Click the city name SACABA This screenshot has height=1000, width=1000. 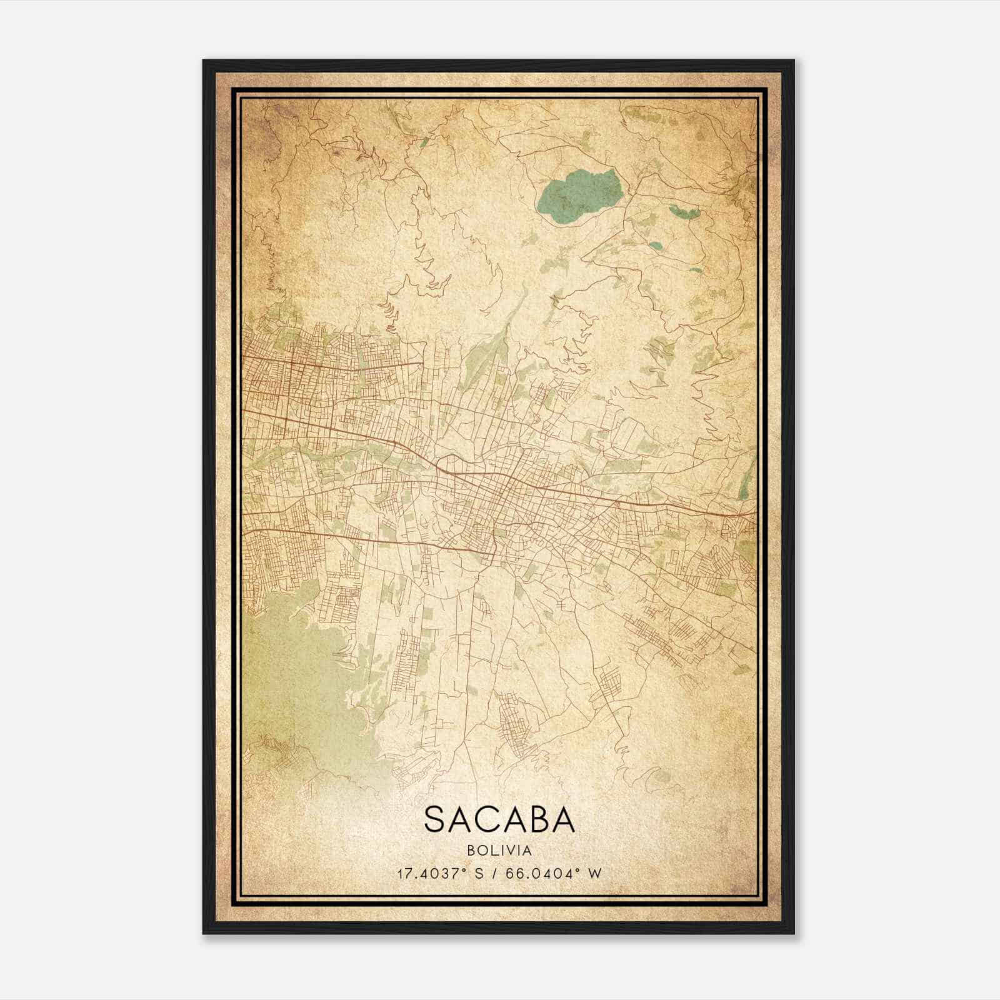(x=499, y=819)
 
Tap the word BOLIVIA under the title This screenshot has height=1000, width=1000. (x=499, y=851)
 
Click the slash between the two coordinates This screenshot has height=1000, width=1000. (x=496, y=873)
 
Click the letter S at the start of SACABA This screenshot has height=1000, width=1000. (x=436, y=819)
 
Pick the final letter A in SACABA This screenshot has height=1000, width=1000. (x=561, y=819)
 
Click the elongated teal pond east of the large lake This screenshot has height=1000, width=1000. (x=686, y=212)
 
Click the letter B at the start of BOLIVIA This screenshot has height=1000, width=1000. (x=469, y=851)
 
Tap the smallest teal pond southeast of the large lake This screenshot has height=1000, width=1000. (x=696, y=270)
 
